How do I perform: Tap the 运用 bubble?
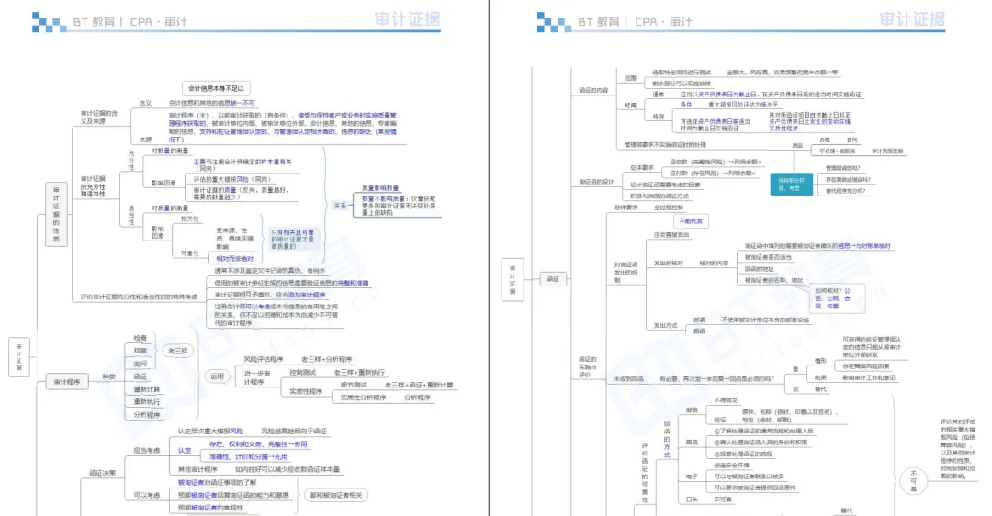(x=218, y=376)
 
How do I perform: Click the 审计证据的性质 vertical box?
(x=56, y=212)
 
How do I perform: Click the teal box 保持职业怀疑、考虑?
(x=791, y=185)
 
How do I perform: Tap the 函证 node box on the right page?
(x=553, y=277)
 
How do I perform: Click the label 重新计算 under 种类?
(x=142, y=388)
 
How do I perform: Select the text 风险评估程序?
(x=264, y=359)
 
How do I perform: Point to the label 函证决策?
(x=101, y=474)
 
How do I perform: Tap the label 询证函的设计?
(x=595, y=182)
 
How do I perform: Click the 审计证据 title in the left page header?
(x=407, y=19)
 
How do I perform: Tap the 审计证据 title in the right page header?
(x=911, y=19)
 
